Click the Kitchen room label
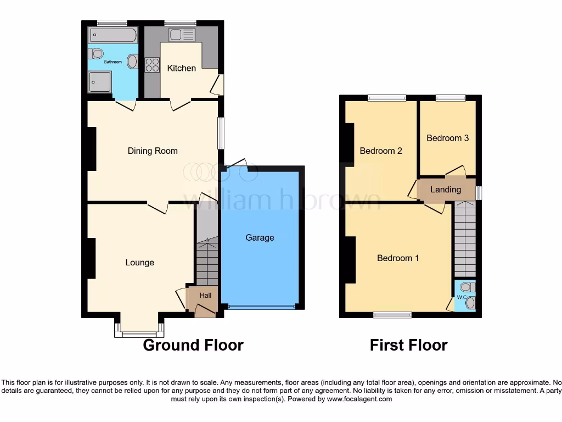click(181, 68)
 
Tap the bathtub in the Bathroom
click(112, 35)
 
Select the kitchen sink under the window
click(182, 35)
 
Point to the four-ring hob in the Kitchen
click(152, 65)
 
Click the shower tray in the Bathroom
click(99, 82)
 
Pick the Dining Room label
click(153, 151)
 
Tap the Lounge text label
click(139, 262)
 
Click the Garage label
click(260, 237)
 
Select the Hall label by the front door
click(205, 295)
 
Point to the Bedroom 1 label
click(398, 258)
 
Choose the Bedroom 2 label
click(381, 151)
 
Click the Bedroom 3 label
click(447, 138)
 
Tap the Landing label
click(445, 190)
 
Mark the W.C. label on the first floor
click(460, 298)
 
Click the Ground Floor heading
click(193, 345)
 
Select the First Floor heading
click(408, 345)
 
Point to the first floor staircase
click(465, 239)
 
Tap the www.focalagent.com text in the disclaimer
click(360, 399)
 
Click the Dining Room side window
click(221, 133)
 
